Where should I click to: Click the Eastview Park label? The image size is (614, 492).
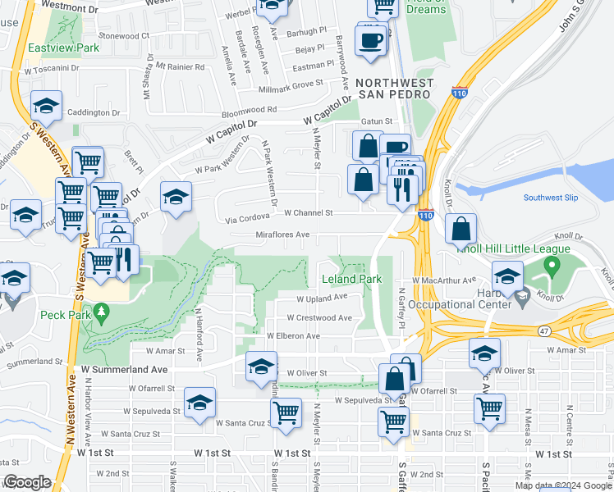tap(63, 48)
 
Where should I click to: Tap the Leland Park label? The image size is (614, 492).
tap(351, 280)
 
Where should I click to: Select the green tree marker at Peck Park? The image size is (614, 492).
tap(101, 312)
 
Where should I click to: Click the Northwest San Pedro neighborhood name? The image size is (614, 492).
tap(393, 89)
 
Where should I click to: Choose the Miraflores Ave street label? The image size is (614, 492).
tap(282, 235)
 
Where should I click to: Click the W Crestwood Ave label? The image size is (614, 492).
tap(319, 318)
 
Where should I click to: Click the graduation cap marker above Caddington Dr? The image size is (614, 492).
tap(47, 106)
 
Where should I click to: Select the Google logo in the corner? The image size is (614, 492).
tap(27, 482)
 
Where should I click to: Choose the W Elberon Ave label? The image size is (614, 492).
tap(293, 336)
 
